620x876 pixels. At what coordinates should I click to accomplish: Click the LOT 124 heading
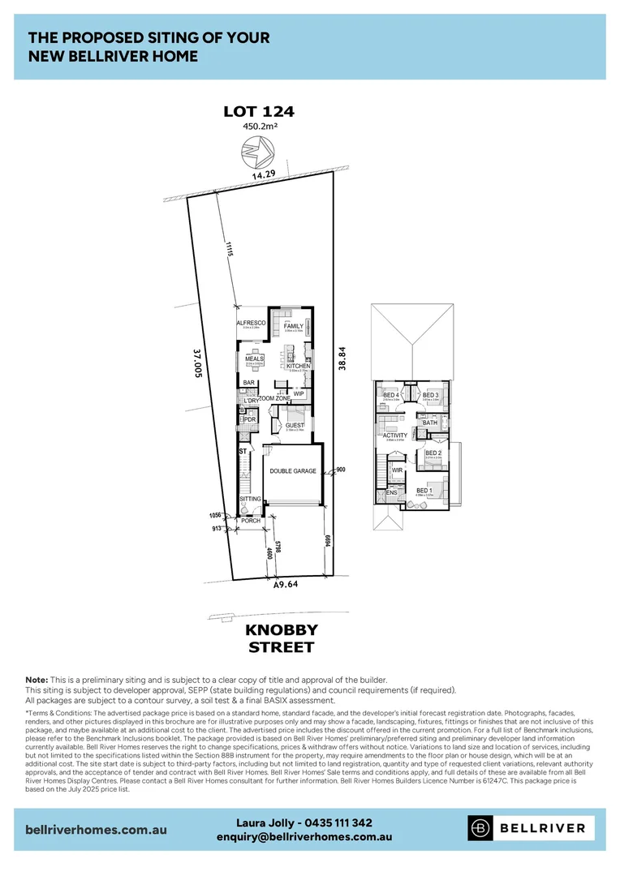(x=260, y=111)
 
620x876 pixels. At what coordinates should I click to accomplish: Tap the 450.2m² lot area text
(x=260, y=127)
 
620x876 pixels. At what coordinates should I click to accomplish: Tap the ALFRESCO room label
(x=251, y=323)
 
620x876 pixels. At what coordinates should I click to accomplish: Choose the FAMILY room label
(x=293, y=326)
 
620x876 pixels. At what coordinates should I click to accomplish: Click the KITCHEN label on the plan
(x=298, y=366)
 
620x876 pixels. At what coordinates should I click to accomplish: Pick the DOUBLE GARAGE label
(x=293, y=471)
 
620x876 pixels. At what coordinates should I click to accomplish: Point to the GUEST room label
(x=294, y=425)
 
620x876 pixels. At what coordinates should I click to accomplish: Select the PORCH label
(x=251, y=521)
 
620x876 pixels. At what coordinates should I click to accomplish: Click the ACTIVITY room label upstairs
(x=395, y=436)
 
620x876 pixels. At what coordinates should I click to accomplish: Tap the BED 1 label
(x=424, y=491)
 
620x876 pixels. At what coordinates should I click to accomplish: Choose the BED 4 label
(x=391, y=395)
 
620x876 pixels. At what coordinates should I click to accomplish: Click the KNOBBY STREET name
(x=282, y=638)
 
